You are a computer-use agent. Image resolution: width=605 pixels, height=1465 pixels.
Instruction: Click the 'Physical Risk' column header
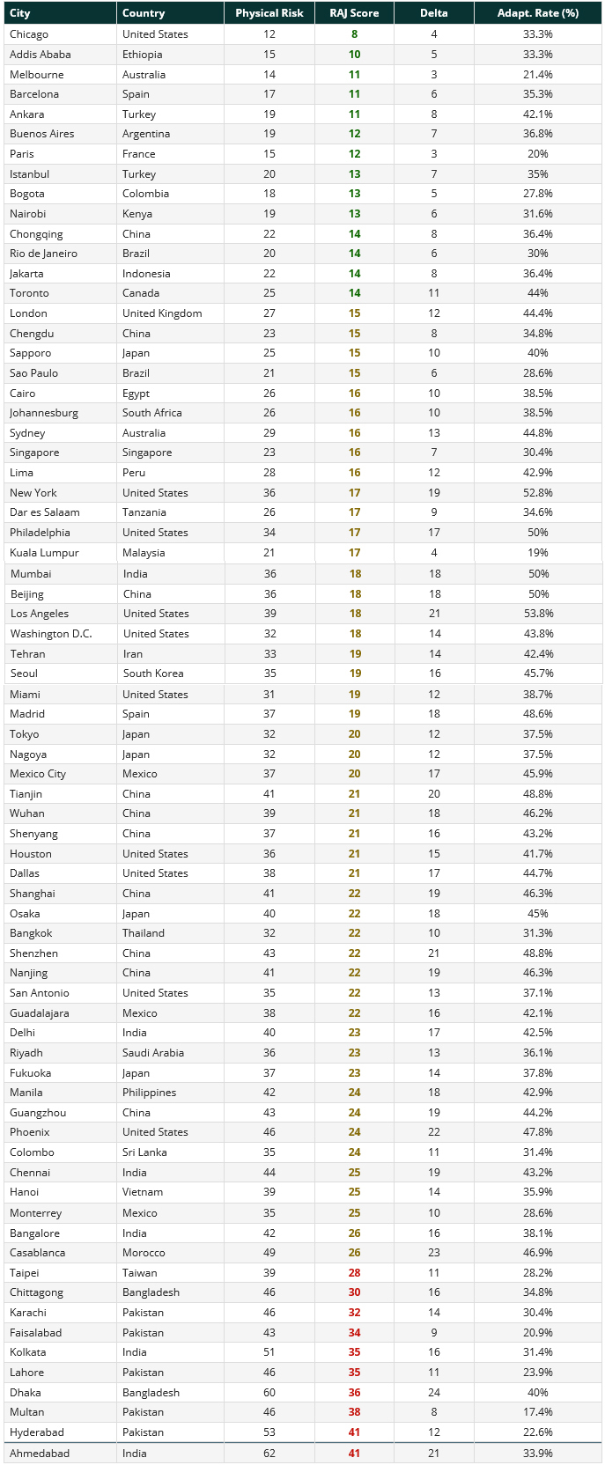point(269,13)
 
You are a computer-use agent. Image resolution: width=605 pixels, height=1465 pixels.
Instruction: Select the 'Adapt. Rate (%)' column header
point(537,13)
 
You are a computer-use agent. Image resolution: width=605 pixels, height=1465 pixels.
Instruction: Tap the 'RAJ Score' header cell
point(354,13)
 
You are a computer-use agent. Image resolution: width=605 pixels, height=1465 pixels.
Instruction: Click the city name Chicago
point(29,34)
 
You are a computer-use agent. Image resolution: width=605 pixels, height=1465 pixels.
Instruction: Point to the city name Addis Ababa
point(41,55)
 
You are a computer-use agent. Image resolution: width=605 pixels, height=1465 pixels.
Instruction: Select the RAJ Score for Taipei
point(354,1273)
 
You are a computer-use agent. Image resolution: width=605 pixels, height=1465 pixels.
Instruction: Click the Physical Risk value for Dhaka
point(269,1393)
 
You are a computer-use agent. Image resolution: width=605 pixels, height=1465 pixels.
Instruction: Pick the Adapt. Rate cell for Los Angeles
point(537,614)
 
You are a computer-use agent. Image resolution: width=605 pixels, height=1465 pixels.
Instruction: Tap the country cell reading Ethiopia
point(142,55)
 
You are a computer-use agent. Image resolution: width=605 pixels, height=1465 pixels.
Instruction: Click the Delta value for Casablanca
point(433,1253)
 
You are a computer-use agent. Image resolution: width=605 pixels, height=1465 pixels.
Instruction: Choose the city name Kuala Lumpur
point(44,553)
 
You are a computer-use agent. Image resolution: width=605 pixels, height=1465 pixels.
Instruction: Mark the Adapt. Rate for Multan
point(537,1412)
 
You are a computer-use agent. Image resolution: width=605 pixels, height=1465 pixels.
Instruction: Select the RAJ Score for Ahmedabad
point(354,1454)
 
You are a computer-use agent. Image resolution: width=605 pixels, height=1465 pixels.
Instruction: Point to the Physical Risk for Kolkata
point(269,1352)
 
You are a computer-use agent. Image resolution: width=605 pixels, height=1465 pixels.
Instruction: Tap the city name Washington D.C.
point(51,634)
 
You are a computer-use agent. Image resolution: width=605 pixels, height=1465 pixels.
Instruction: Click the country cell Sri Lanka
point(144,1152)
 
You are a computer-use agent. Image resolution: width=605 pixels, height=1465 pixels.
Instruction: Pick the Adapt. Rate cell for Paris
point(537,154)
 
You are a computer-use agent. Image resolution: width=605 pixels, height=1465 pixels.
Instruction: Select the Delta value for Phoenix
point(433,1132)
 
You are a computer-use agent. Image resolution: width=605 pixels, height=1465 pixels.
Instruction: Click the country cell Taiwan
point(140,1273)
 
